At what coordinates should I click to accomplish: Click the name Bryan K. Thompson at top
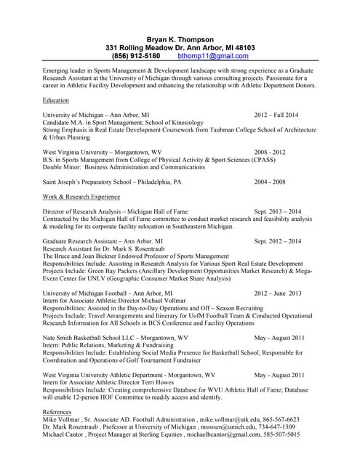tap(180, 38)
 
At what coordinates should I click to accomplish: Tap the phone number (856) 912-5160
tap(136, 55)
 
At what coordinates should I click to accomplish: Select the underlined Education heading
tap(57, 100)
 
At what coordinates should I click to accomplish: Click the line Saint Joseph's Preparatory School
tap(112, 182)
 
